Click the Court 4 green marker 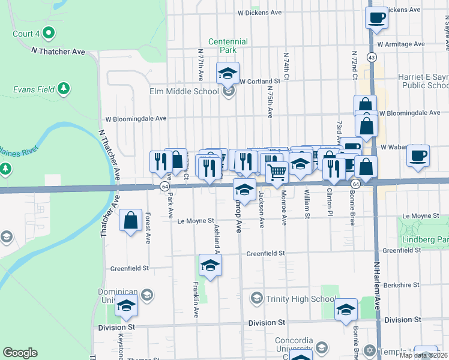[x=50, y=33]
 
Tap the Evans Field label [x=34, y=90]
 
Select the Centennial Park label [x=228, y=46]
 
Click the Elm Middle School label [x=187, y=92]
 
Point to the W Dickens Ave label [x=259, y=12]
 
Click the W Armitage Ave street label [x=403, y=44]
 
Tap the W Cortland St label [x=260, y=81]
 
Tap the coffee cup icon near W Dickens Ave [x=376, y=18]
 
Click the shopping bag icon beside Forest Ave [x=131, y=221]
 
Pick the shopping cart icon [x=277, y=172]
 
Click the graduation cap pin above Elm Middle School [x=228, y=74]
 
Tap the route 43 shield [x=372, y=58]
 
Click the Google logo [x=20, y=353]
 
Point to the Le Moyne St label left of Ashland [x=196, y=221]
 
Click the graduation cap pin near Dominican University [x=126, y=308]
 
